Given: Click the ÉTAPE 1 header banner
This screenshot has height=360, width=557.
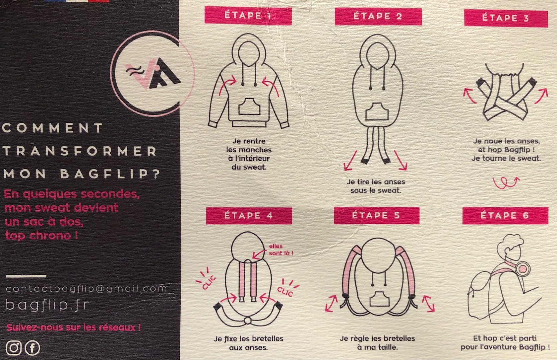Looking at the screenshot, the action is (248, 15).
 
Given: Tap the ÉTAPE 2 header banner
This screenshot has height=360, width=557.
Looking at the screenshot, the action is (378, 16).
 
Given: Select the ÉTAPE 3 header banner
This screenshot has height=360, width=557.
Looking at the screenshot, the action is (506, 18).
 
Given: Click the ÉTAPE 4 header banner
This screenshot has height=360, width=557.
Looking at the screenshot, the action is (249, 216).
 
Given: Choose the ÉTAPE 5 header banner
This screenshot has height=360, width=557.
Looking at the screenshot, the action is (377, 215).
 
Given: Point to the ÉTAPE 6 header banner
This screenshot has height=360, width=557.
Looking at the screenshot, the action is (505, 215).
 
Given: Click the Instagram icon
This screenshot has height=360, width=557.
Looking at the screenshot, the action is (14, 348).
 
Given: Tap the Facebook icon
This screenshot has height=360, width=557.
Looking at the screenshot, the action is (32, 348).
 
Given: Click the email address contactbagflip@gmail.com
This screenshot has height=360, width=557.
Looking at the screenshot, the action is (86, 289).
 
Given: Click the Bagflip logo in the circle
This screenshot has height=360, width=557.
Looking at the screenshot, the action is (152, 74).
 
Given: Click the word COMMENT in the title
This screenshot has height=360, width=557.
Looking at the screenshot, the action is (52, 128).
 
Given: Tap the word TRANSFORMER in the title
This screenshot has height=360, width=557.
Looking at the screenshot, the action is (80, 151).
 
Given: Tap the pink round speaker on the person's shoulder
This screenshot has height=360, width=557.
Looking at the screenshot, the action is (523, 269).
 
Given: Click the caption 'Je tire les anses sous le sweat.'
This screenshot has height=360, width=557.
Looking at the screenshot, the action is (376, 186).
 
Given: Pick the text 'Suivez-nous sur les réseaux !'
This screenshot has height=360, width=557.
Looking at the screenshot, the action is (74, 327).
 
